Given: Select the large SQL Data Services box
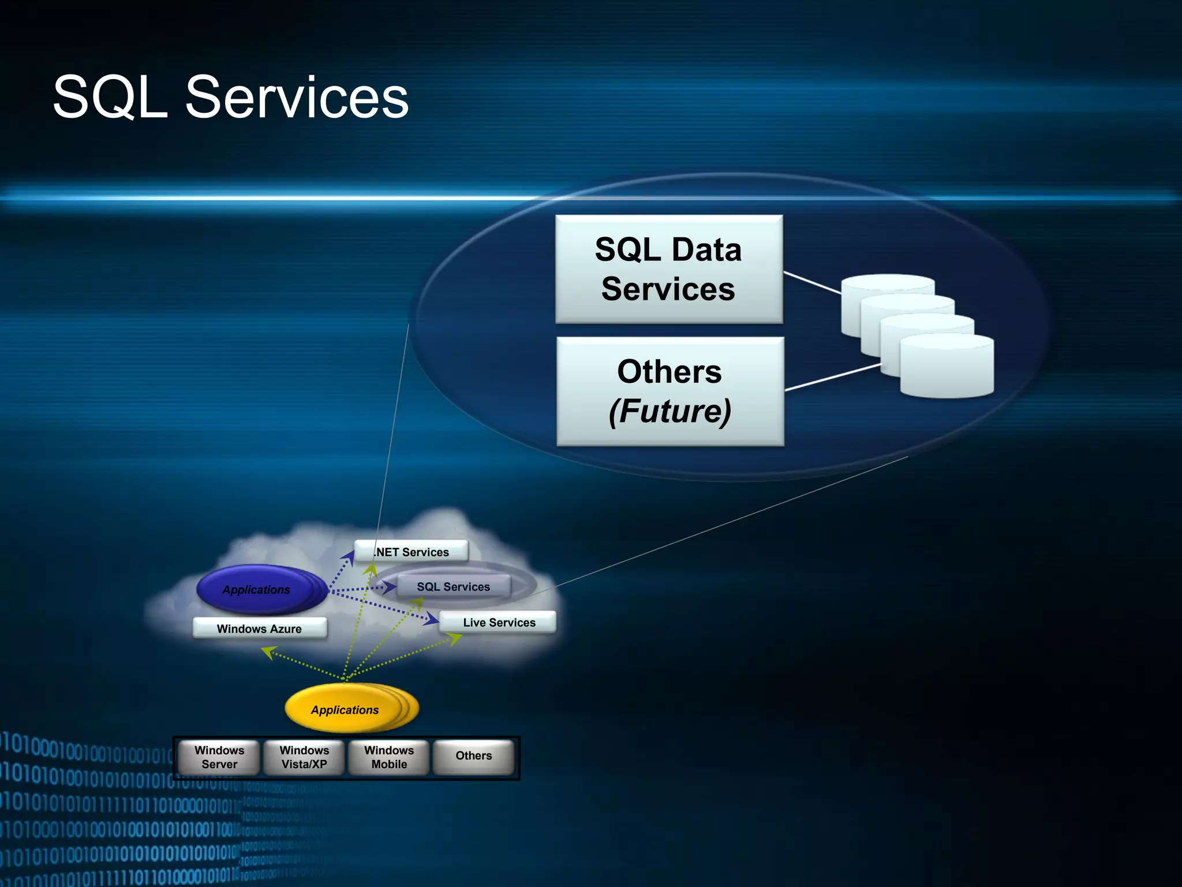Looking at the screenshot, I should (668, 269).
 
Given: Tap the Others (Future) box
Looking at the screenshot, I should (669, 391).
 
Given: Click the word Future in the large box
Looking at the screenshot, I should (669, 411).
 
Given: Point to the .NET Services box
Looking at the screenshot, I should (411, 551).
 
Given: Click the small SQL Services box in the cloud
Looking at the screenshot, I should (453, 587).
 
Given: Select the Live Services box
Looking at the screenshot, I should (499, 623).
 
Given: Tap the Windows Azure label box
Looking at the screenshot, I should (259, 628).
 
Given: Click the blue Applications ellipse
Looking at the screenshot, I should (256, 590).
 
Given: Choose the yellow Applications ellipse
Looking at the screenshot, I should (345, 710).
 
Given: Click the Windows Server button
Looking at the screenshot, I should (219, 757).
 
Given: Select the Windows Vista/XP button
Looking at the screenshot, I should (304, 757).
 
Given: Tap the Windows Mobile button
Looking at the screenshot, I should (389, 757).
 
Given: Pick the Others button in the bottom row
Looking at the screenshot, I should (474, 756).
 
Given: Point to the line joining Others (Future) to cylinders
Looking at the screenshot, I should (832, 378).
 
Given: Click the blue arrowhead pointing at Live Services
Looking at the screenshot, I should (432, 619).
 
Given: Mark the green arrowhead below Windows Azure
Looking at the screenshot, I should (268, 652).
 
